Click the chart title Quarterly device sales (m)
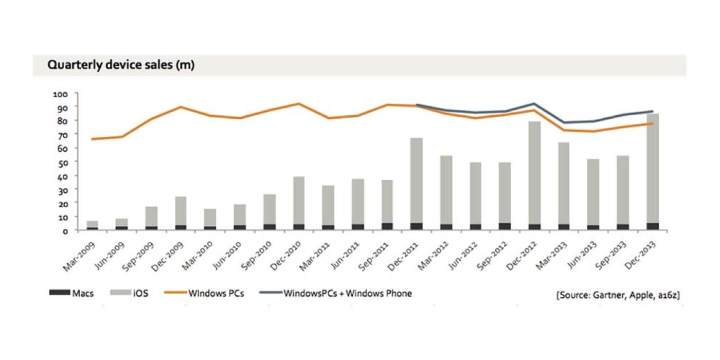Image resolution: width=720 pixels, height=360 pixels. point(121,65)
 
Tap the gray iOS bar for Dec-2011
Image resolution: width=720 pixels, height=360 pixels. point(416,180)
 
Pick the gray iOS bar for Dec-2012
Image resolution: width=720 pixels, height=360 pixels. point(535,172)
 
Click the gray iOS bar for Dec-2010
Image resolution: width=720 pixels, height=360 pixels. point(298,200)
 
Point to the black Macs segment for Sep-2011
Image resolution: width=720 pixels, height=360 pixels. point(387,226)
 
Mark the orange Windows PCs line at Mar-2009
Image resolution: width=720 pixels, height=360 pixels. point(92,139)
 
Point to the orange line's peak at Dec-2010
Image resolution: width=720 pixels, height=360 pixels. point(298,104)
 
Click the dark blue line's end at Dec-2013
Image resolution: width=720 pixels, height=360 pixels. point(653,111)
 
